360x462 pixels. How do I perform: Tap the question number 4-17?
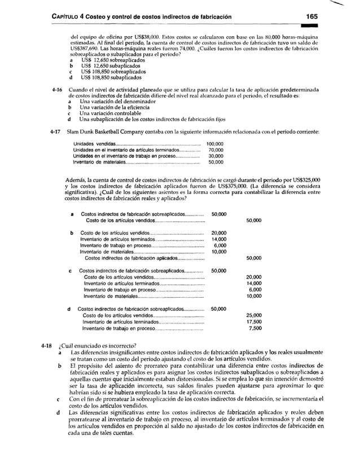pos(55,132)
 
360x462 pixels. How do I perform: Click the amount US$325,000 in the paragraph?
pos(304,179)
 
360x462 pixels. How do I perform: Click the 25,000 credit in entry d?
pos(254,315)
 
